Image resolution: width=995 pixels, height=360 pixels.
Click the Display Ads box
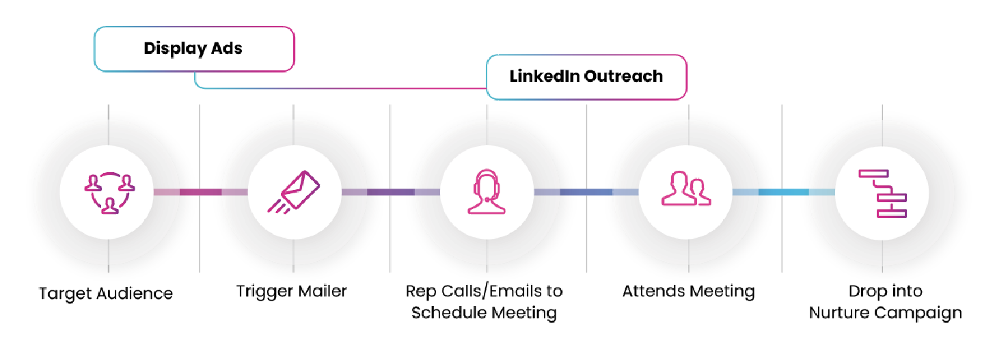tap(194, 49)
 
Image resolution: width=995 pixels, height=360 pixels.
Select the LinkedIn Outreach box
tap(586, 77)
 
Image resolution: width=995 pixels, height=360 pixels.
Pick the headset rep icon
tap(487, 192)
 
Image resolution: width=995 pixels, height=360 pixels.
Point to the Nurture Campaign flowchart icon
tap(882, 193)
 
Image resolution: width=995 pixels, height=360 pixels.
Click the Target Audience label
tap(106, 294)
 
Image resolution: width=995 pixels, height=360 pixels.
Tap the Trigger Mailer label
tap(292, 291)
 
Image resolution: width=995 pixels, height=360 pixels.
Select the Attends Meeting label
tap(688, 292)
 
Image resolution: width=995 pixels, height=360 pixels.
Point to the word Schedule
tap(447, 313)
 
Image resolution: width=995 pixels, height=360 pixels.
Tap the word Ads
tap(227, 49)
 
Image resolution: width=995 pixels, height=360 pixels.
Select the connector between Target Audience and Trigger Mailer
tap(200, 192)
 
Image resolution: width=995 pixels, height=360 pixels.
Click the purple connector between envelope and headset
tap(390, 192)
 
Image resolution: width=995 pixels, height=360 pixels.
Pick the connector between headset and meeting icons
tap(586, 192)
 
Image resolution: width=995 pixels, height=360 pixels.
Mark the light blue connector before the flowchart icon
tap(783, 192)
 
